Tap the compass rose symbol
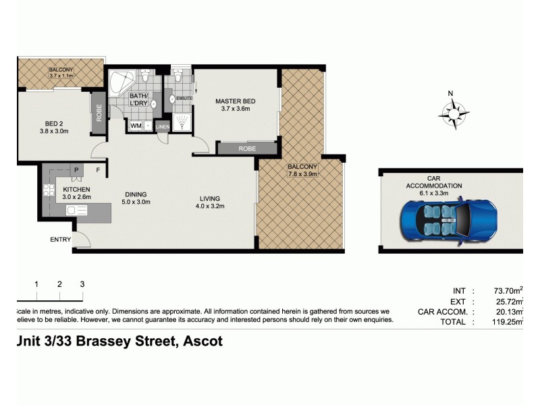(453, 113)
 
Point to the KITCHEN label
(76, 190)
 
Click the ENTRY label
(60, 240)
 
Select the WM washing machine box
(136, 126)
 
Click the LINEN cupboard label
(162, 126)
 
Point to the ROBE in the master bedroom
(246, 148)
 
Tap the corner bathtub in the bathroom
(123, 84)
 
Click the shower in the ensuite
(180, 122)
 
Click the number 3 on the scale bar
(82, 284)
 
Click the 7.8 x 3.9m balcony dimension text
(302, 173)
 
